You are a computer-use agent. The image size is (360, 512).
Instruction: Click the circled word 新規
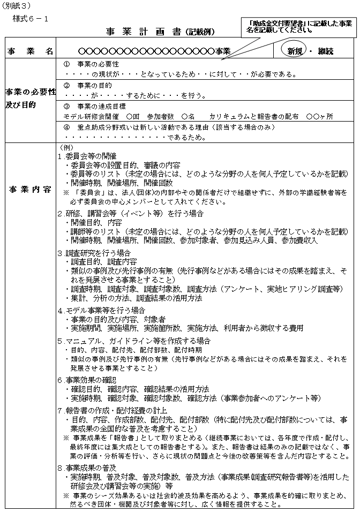tap(294, 51)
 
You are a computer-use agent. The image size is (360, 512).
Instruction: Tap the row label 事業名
tap(30, 51)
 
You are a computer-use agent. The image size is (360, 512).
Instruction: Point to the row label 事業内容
tap(30, 190)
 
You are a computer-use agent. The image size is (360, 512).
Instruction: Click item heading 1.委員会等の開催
tap(85, 156)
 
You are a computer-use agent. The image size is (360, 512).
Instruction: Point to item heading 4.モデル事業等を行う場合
tap(101, 310)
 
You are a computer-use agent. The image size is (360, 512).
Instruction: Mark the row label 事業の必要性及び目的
tap(30, 98)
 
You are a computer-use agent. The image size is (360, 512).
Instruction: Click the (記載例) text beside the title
tap(200, 32)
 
